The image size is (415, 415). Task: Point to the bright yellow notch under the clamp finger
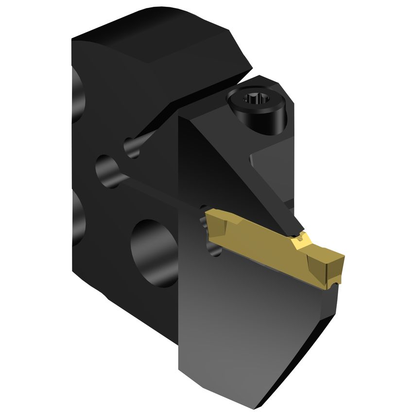click(300, 239)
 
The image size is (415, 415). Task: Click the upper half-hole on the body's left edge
click(76, 95)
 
